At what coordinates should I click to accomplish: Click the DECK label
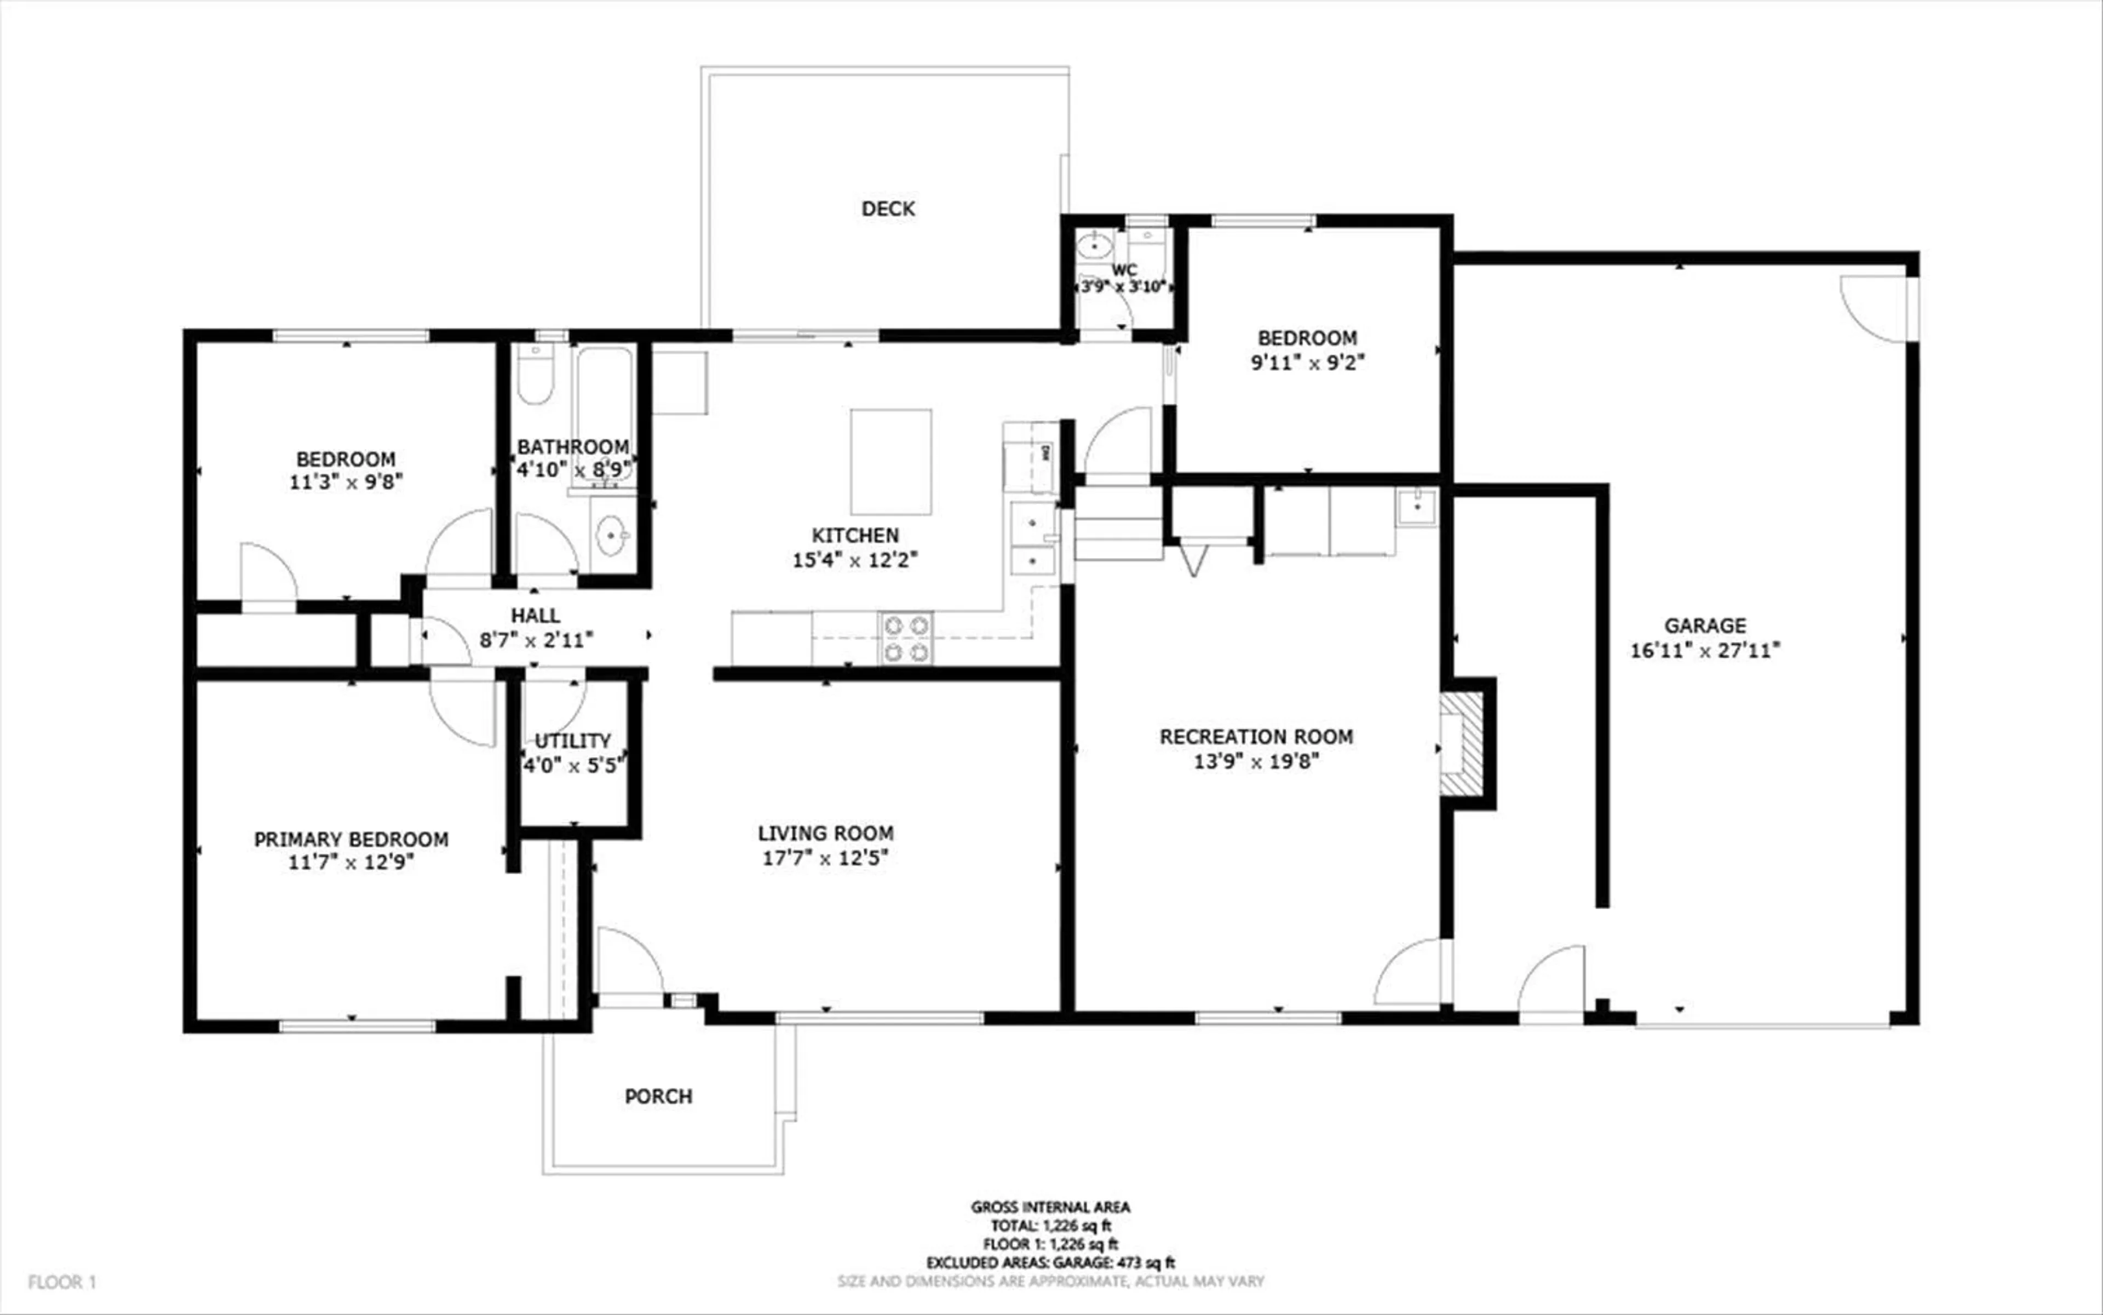pyautogui.click(x=887, y=209)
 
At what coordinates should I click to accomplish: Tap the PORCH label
pyautogui.click(x=658, y=1096)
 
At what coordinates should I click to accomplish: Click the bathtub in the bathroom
pyautogui.click(x=604, y=409)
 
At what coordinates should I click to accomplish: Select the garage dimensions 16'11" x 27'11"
pyautogui.click(x=1705, y=651)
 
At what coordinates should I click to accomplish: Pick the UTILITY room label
pyautogui.click(x=572, y=741)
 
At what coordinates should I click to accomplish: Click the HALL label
pyautogui.click(x=536, y=616)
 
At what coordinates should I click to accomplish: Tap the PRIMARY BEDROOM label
pyautogui.click(x=352, y=839)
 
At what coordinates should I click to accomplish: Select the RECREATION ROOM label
pyautogui.click(x=1256, y=737)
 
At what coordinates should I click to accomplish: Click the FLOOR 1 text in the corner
pyautogui.click(x=62, y=1282)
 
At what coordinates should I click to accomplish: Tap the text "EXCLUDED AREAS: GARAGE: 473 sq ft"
pyautogui.click(x=1050, y=1263)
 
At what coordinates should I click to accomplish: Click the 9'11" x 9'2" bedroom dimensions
pyautogui.click(x=1307, y=363)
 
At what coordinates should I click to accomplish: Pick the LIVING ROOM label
pyautogui.click(x=825, y=833)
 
